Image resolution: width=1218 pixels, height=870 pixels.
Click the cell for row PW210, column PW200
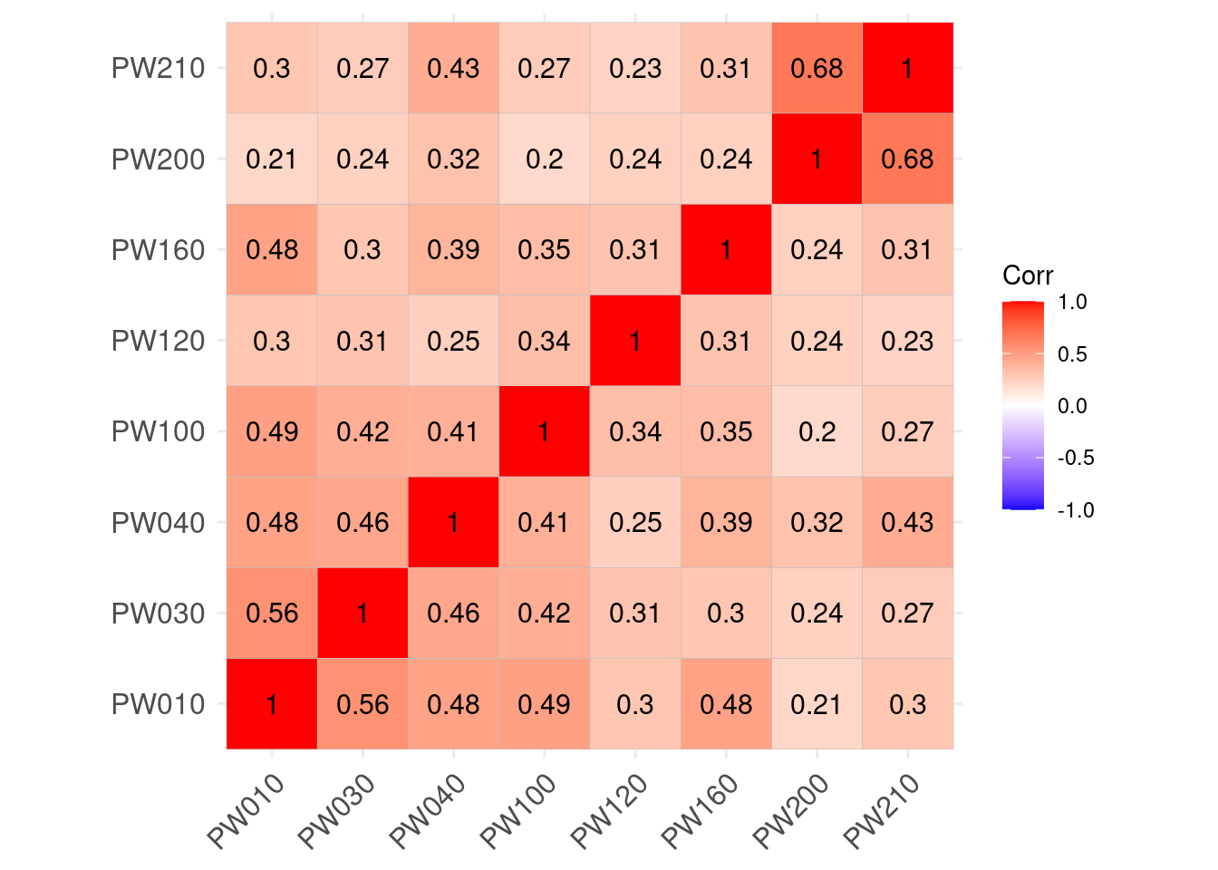[x=817, y=68]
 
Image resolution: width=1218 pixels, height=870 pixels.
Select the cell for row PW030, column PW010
[x=272, y=613]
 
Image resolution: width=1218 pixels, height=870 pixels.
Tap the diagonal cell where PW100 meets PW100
[x=544, y=431]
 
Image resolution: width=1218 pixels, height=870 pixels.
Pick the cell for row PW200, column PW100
[x=544, y=159]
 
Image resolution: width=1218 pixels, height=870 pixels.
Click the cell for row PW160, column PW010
[x=272, y=249]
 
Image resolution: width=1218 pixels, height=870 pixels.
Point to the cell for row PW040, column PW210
[x=907, y=522]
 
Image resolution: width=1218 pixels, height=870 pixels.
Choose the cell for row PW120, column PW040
[x=453, y=341]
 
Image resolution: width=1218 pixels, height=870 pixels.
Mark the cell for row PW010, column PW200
[x=817, y=704]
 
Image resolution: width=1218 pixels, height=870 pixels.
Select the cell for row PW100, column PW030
[x=362, y=431]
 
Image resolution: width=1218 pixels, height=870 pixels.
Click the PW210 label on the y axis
[x=158, y=68]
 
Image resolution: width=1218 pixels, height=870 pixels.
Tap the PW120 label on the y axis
[x=158, y=341]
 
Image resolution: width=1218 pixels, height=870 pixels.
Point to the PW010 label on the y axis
[x=158, y=704]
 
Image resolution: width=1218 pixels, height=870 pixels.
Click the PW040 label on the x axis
[x=429, y=811]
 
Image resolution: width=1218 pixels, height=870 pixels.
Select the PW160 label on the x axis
[x=701, y=811]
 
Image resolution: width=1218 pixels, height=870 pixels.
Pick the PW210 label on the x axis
[x=883, y=811]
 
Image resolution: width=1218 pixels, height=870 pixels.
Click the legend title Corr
[x=1028, y=275]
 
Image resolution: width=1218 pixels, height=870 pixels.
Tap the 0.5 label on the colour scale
[x=1072, y=354]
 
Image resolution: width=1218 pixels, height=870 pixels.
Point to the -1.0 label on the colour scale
[x=1076, y=510]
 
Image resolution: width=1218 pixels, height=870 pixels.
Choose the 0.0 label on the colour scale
[x=1072, y=406]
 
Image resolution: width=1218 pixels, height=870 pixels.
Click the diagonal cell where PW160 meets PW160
[x=726, y=249]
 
